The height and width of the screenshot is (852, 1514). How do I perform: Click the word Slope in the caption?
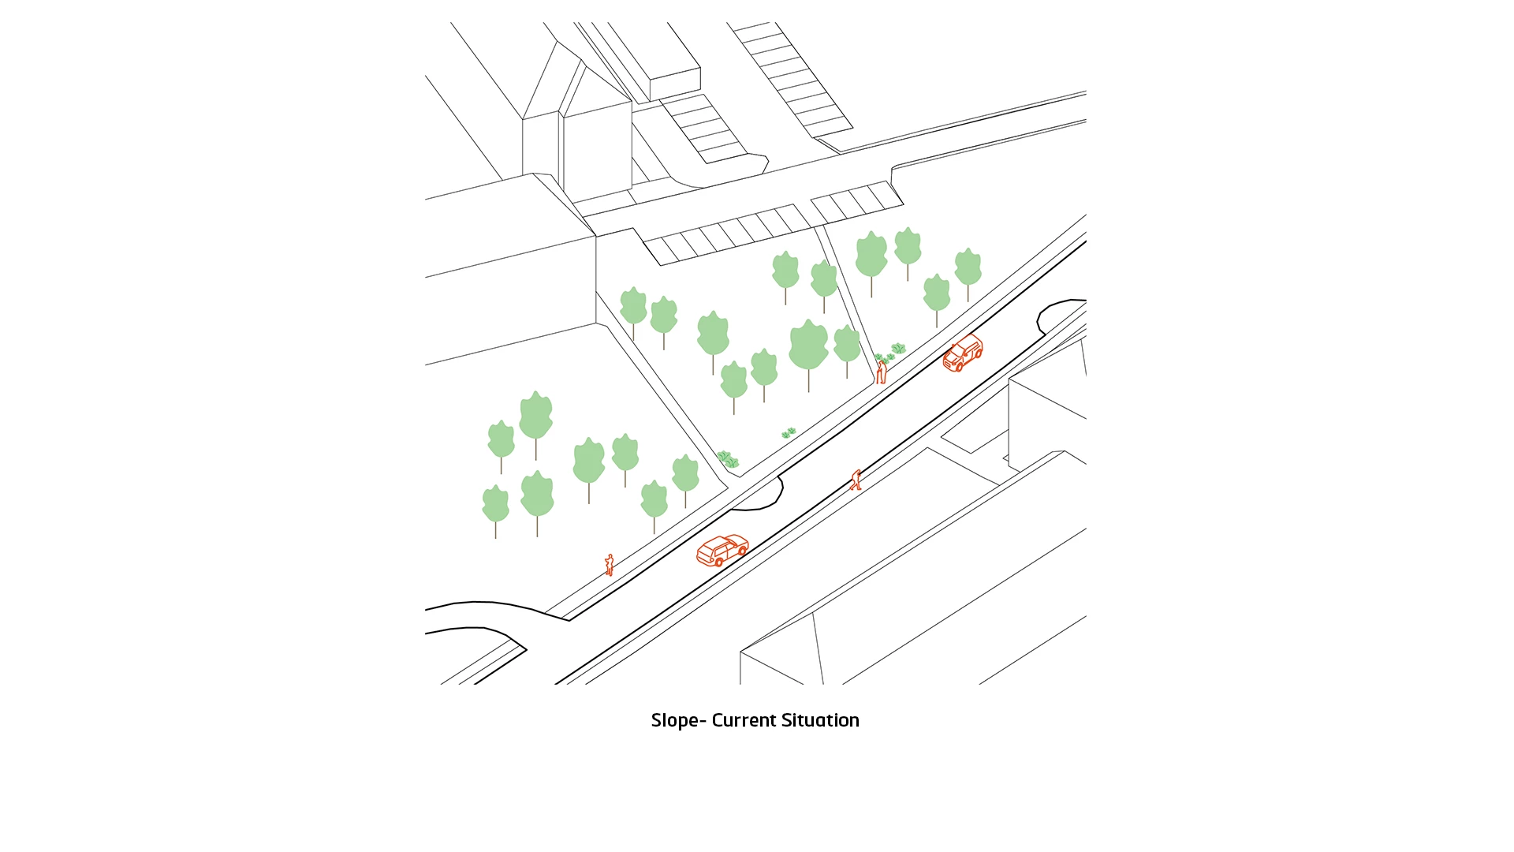tap(674, 721)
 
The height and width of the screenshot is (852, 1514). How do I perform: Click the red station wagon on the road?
tap(722, 550)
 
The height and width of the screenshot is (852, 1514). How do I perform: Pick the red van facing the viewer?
tap(963, 353)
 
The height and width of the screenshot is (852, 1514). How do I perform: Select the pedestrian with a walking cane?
tap(881, 372)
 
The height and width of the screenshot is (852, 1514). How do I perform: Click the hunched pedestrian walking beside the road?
tap(856, 480)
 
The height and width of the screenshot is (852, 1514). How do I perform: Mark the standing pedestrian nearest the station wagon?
tap(609, 565)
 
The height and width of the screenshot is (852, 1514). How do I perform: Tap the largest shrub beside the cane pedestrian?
tap(898, 348)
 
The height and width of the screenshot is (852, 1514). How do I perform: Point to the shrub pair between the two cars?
tap(789, 432)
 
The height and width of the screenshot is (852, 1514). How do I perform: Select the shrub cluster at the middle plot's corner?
tap(727, 458)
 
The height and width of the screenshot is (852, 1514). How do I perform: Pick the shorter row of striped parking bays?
tap(857, 202)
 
